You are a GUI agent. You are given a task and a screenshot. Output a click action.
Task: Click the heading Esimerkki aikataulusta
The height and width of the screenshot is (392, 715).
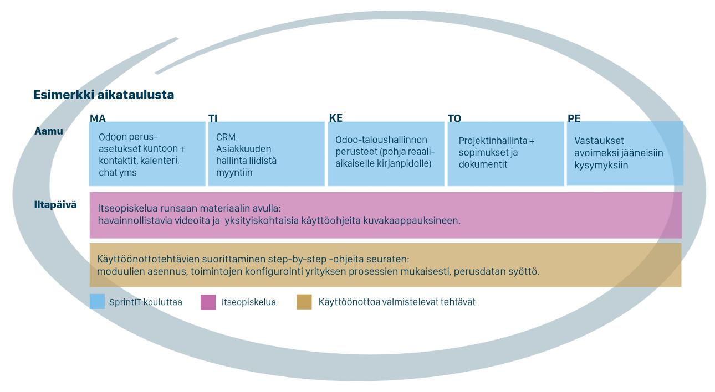click(104, 95)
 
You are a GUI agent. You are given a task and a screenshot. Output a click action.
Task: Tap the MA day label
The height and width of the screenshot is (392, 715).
click(98, 118)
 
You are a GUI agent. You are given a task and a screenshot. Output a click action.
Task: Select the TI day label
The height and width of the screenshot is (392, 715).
click(213, 118)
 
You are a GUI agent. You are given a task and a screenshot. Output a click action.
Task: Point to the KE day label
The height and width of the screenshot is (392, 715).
click(336, 118)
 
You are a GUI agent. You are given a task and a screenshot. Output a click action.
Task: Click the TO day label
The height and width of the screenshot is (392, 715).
click(454, 118)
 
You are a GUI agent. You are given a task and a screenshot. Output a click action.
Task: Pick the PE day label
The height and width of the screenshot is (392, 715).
click(574, 118)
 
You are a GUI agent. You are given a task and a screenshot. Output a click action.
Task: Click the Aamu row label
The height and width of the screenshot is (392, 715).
click(49, 131)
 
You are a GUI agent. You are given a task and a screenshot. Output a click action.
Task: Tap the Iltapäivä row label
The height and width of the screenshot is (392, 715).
click(55, 205)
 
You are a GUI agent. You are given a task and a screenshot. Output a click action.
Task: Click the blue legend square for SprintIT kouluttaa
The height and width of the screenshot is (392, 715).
click(97, 301)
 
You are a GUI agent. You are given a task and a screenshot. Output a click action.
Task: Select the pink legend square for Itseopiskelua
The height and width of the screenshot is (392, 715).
click(208, 302)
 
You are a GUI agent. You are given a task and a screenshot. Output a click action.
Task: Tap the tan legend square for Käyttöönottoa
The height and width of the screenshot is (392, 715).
click(304, 302)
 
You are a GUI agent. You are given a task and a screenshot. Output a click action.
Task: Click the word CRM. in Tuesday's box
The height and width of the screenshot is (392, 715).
click(227, 137)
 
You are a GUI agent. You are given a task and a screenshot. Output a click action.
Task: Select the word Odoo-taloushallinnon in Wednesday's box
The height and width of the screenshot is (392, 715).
click(381, 140)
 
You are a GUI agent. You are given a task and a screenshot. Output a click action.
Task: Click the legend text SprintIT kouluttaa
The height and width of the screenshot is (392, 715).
click(146, 302)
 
